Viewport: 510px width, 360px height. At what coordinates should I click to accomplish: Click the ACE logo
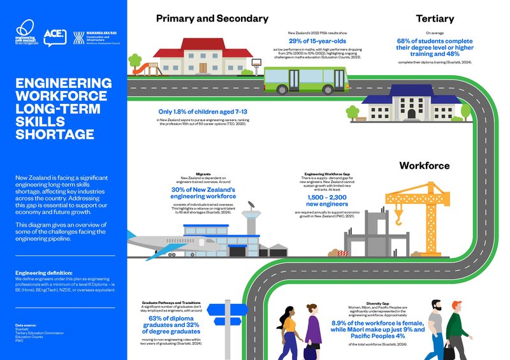click(x=56, y=37)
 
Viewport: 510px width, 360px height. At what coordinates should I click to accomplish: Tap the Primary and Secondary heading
click(x=212, y=19)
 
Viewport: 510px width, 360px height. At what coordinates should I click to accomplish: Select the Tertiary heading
click(x=434, y=19)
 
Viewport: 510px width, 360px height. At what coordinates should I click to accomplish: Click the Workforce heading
click(x=424, y=166)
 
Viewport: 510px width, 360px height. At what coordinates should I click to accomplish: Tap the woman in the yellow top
click(x=288, y=331)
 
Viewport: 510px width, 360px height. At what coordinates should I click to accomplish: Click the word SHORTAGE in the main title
click(x=54, y=134)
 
